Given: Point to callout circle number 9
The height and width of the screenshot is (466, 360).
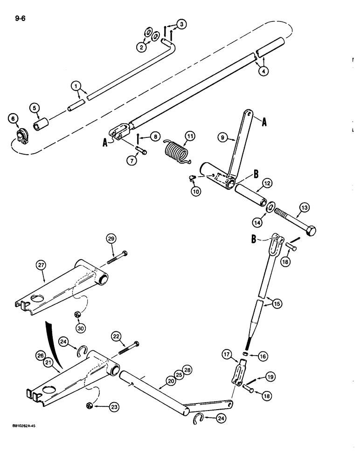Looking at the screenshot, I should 222,137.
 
